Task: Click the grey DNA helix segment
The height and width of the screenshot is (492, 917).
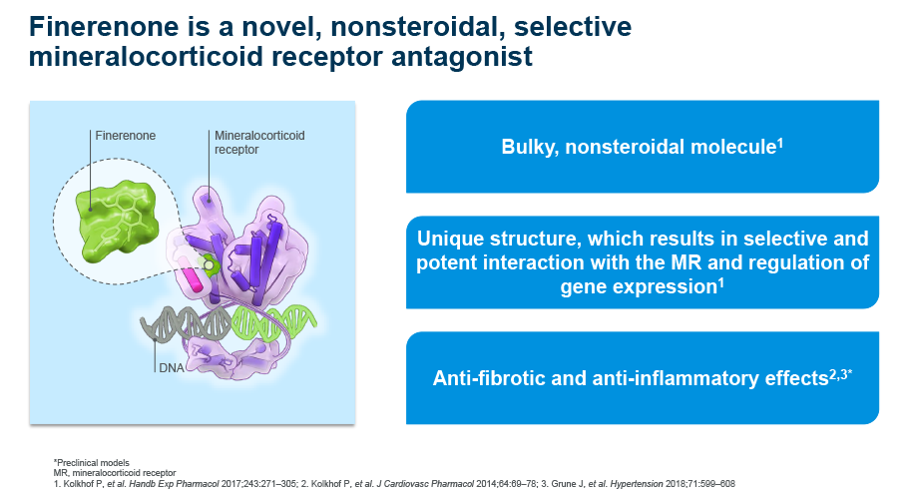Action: click(170, 323)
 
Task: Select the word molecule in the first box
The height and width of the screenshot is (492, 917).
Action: click(735, 148)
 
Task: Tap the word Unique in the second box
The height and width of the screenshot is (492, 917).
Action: click(449, 240)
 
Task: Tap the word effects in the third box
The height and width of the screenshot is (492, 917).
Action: click(791, 380)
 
